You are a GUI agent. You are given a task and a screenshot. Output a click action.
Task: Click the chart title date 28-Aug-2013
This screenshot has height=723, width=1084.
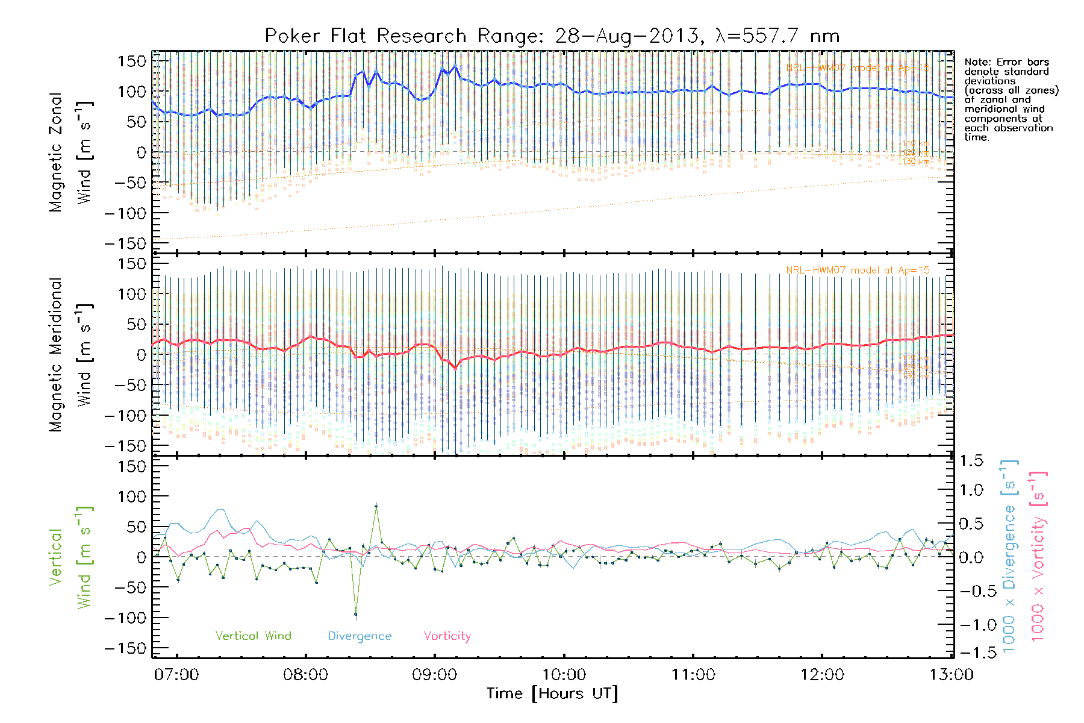(x=626, y=36)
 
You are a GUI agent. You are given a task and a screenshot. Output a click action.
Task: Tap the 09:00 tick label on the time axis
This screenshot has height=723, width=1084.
(x=434, y=674)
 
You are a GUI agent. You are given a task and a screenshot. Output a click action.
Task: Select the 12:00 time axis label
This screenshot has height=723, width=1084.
(x=822, y=674)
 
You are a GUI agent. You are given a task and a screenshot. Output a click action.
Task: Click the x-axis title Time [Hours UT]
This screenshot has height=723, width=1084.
(x=552, y=693)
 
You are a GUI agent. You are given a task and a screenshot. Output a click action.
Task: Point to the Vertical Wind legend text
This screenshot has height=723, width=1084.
(x=253, y=636)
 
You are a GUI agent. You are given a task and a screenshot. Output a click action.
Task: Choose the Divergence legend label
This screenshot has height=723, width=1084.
(x=360, y=636)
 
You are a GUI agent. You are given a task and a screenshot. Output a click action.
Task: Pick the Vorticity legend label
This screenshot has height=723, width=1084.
(x=447, y=636)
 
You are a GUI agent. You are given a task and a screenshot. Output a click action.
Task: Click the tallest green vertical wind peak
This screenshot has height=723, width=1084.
(x=376, y=507)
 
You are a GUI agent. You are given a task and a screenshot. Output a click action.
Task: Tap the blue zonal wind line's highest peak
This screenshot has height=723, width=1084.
(x=455, y=66)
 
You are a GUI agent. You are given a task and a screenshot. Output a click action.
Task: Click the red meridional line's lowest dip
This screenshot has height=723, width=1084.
(x=455, y=368)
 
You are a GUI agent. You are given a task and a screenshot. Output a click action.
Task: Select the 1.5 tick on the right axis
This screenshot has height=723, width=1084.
(x=971, y=461)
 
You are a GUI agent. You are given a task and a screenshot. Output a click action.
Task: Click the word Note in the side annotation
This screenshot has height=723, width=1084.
(x=976, y=62)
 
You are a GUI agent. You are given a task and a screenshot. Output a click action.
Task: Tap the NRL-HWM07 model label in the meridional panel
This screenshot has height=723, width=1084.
(x=858, y=270)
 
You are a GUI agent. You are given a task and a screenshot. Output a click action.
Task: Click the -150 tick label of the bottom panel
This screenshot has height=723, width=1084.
(x=125, y=648)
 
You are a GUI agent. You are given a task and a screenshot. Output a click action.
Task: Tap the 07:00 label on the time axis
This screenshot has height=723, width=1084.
(x=176, y=674)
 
